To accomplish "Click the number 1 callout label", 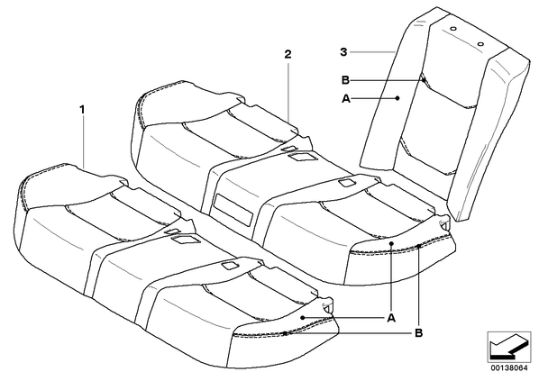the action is (82, 110).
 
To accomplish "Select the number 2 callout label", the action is (288, 54).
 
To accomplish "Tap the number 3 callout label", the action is (343, 52).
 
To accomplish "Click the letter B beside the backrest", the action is (345, 80).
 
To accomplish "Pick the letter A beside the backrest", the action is (346, 99).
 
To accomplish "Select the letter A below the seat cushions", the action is (391, 319).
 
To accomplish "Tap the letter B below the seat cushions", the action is (419, 333).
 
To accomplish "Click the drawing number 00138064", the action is (509, 368).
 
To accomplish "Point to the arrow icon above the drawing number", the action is (509, 347).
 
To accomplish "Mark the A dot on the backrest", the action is (397, 98).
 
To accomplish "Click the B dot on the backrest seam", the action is (424, 80).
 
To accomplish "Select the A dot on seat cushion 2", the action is (391, 243).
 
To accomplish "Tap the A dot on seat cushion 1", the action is (302, 318).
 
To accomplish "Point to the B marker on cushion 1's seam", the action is (285, 333).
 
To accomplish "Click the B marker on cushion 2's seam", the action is (418, 246).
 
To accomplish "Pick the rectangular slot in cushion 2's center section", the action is (233, 210).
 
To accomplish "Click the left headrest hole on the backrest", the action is (453, 29).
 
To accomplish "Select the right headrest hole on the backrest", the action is (480, 44).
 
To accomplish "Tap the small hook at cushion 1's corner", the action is (328, 307).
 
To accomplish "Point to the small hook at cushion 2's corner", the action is (445, 222).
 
